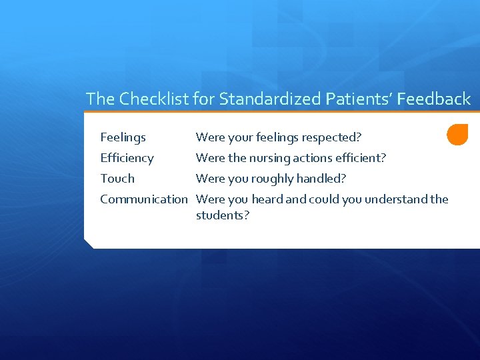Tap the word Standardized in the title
(271, 99)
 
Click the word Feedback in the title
(435, 99)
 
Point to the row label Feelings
(123, 138)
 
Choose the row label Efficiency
(127, 158)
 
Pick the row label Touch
(117, 179)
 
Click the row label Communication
(144, 199)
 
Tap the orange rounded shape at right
(458, 135)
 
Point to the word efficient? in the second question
(361, 158)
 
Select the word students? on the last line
(222, 215)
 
